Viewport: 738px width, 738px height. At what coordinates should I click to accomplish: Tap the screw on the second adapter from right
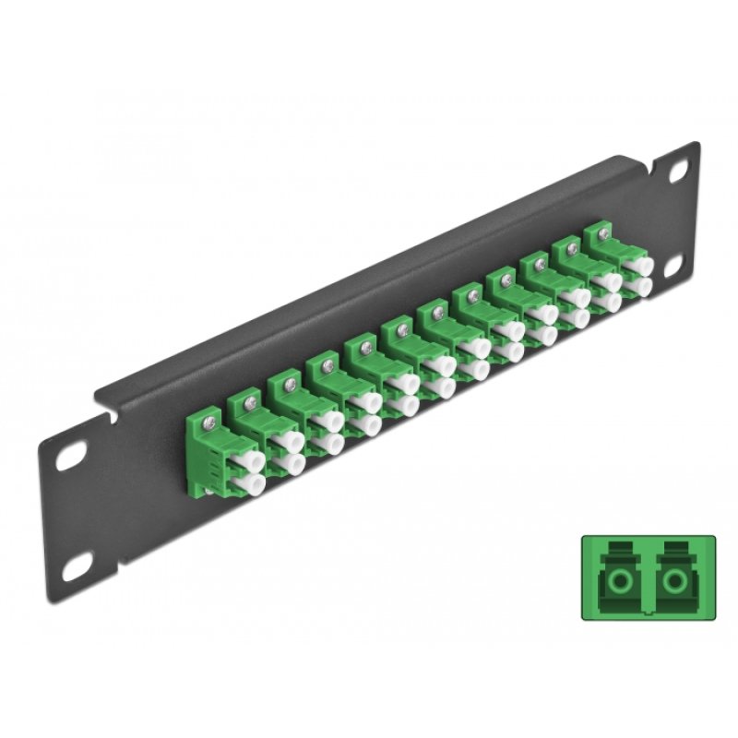(x=573, y=245)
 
